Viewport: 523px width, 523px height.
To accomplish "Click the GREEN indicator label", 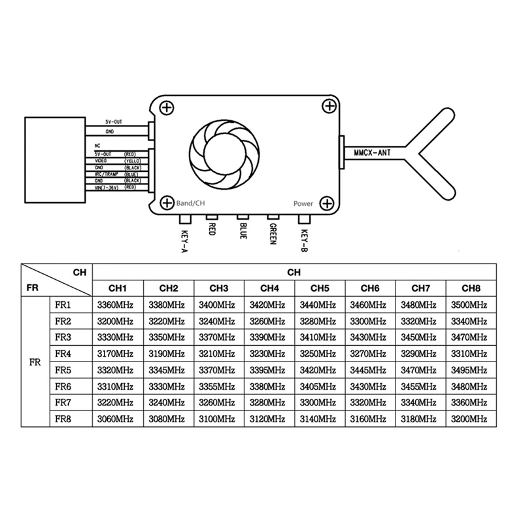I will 271,235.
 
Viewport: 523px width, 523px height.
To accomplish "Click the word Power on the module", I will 303,203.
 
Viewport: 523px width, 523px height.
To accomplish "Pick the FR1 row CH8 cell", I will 470,305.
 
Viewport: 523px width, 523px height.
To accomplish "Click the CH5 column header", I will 319,288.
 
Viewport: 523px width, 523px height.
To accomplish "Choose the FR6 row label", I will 63,386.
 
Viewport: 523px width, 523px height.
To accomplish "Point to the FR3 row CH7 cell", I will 420,337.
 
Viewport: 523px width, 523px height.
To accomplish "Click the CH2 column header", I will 168,288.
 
